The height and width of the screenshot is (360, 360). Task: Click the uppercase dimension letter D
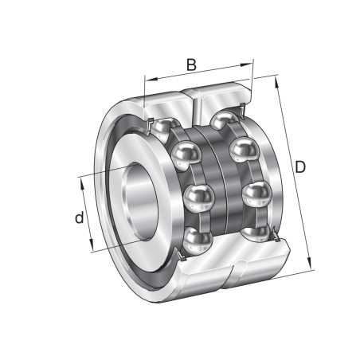pyautogui.click(x=300, y=166)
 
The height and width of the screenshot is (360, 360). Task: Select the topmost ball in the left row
pyautogui.click(x=164, y=127)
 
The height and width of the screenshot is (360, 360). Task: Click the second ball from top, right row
pyautogui.click(x=242, y=150)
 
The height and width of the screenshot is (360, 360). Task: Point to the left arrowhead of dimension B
pyautogui.click(x=147, y=79)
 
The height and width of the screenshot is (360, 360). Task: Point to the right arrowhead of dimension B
pyautogui.click(x=250, y=61)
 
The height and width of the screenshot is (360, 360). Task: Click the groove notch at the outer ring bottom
pyautogui.click(x=232, y=278)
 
